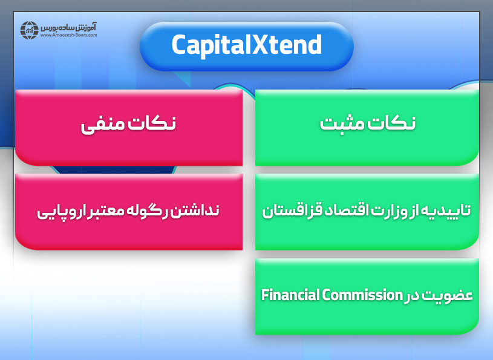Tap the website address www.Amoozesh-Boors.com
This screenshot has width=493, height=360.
[x=70, y=35]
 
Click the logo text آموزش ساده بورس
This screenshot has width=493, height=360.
[x=71, y=27]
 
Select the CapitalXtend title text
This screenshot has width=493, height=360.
[x=246, y=45]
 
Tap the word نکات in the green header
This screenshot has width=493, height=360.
[x=393, y=123]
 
